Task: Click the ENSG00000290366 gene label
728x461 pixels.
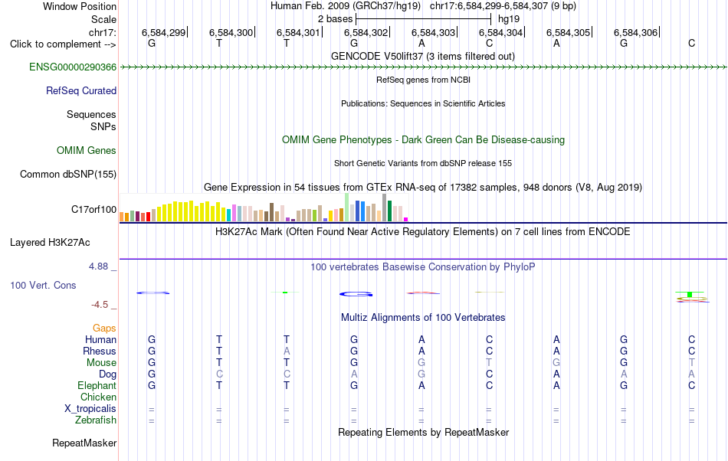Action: [73, 67]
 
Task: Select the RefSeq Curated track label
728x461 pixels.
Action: [81, 91]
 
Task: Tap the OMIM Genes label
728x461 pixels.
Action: [87, 151]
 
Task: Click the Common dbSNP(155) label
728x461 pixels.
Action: [68, 175]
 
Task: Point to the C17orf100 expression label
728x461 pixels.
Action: [93, 210]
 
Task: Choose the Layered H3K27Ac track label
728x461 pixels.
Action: [50, 243]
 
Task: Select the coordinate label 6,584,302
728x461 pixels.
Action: [366, 32]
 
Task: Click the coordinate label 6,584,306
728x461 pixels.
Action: [635, 32]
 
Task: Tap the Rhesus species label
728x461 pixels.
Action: [100, 351]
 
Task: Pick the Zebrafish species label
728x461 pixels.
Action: [96, 420]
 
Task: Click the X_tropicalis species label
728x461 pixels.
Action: [90, 409]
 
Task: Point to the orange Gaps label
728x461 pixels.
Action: [104, 329]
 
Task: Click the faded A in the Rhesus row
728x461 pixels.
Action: [287, 351]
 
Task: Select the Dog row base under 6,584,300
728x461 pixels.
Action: [219, 374]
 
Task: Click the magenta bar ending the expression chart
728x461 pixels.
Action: [406, 219]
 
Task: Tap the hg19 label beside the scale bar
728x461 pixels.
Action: [509, 19]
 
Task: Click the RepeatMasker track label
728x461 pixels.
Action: [84, 443]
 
